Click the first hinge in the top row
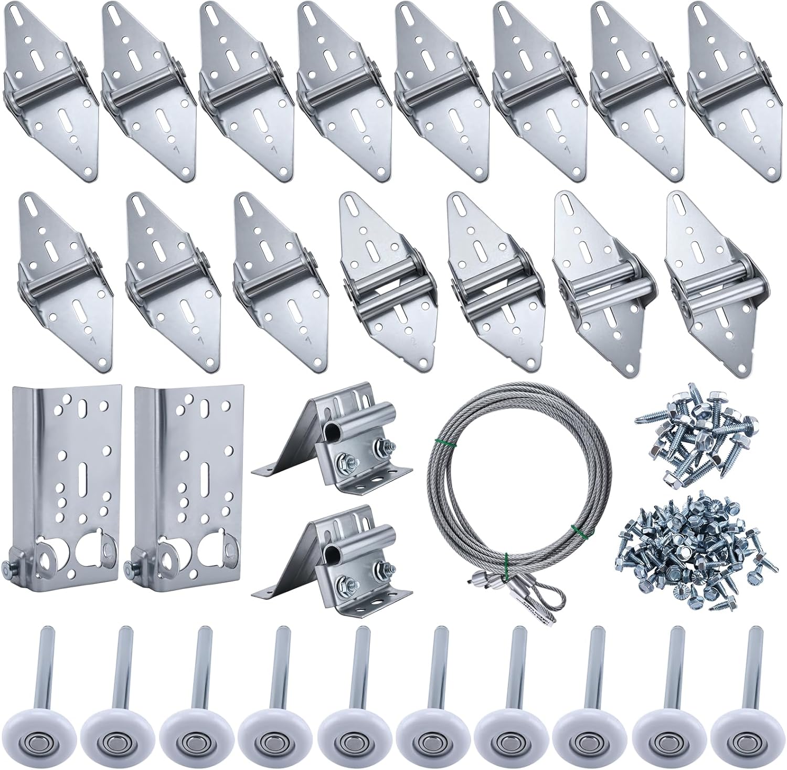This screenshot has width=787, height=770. pyautogui.click(x=50, y=89)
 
